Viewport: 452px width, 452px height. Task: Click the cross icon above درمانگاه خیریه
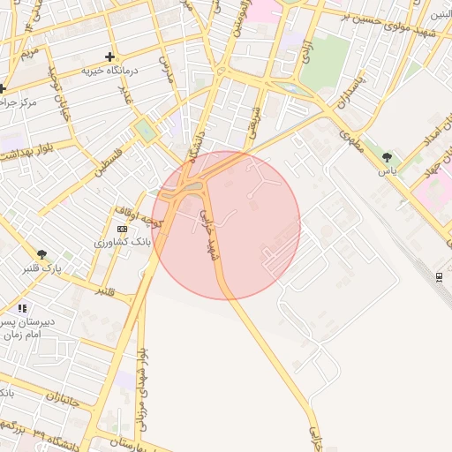[x=109, y=56]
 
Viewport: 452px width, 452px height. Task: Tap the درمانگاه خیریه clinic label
[x=109, y=70]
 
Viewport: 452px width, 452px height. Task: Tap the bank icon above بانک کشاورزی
[x=122, y=229]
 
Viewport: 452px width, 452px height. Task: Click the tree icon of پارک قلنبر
[x=41, y=255]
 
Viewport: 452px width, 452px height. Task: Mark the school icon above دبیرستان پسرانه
[x=22, y=308]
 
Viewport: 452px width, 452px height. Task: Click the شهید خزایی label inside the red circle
[x=208, y=234]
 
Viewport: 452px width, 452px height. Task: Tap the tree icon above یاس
[x=387, y=157]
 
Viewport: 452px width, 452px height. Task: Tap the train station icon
[x=439, y=277]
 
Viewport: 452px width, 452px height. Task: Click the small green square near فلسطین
[x=143, y=132]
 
